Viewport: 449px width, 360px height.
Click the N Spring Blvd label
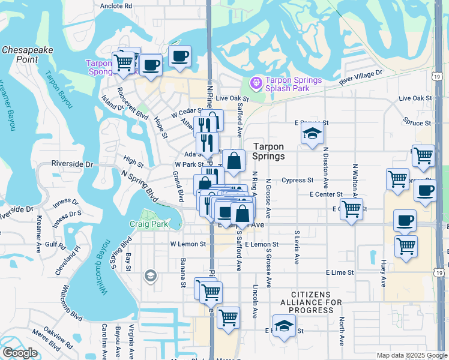pos(139,187)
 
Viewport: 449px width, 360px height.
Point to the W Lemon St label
pos(188,244)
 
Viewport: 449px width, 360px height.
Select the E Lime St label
pos(340,272)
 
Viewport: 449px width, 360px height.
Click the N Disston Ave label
pos(326,166)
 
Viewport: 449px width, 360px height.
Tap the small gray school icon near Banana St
pos(150,276)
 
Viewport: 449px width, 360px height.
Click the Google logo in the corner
pos(20,353)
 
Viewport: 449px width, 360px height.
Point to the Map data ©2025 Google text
pos(411,355)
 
